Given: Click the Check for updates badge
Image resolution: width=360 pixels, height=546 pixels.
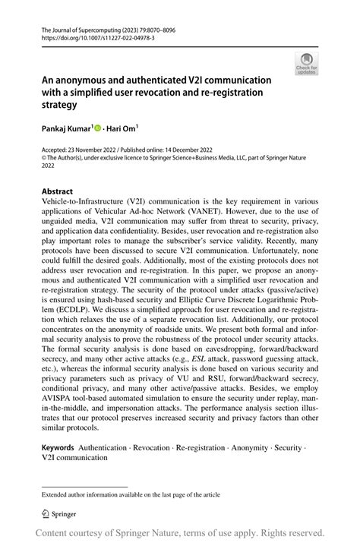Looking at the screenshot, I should tap(308, 64).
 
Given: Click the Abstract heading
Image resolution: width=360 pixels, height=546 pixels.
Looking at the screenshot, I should tap(58, 191).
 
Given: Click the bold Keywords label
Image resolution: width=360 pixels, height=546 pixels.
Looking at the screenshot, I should tap(58, 449).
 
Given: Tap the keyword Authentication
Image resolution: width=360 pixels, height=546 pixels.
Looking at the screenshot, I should tap(107, 449).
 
